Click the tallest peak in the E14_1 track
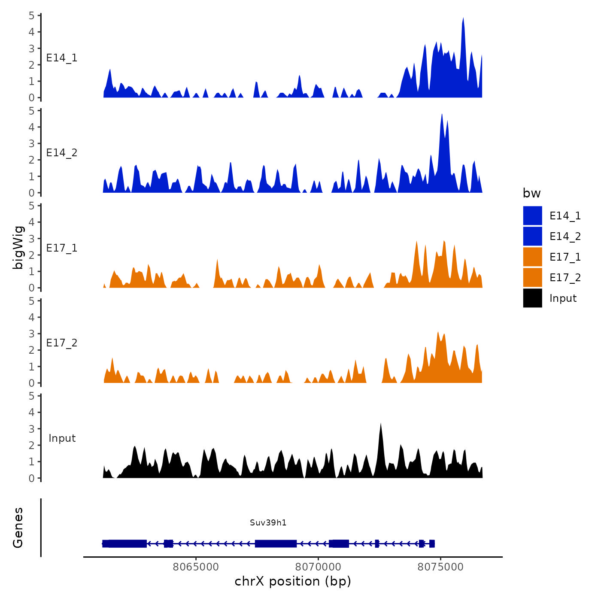pyautogui.click(x=463, y=20)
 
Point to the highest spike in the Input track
pyautogui.click(x=380, y=425)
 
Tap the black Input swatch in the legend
pyautogui.click(x=532, y=298)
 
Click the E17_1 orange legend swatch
pyautogui.click(x=532, y=257)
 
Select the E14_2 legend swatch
pyautogui.click(x=532, y=236)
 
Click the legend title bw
pyautogui.click(x=531, y=193)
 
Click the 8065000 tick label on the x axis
pyautogui.click(x=196, y=567)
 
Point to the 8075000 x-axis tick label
pyautogui.click(x=440, y=567)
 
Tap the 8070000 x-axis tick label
pyautogui.click(x=318, y=567)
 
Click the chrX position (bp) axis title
pyautogui.click(x=293, y=581)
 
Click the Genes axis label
pyautogui.click(x=18, y=528)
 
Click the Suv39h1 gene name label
pyautogui.click(x=268, y=522)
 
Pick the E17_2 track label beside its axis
pyautogui.click(x=62, y=343)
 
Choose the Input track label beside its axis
pyautogui.click(x=62, y=438)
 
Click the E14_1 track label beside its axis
pyautogui.click(x=62, y=58)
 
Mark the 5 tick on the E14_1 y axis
pyautogui.click(x=32, y=15)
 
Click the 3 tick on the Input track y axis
pyautogui.click(x=32, y=429)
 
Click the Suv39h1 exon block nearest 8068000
pyautogui.click(x=276, y=543)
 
